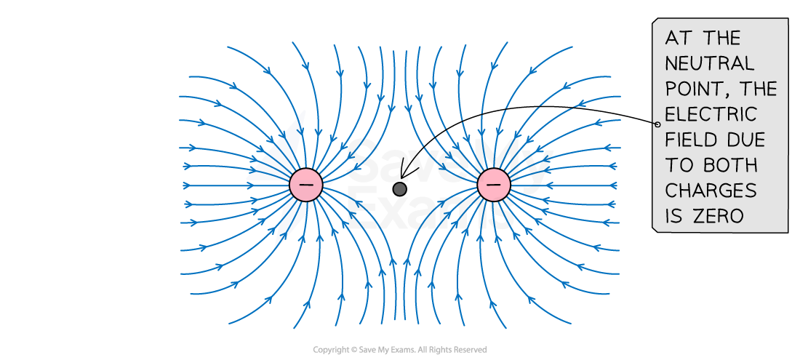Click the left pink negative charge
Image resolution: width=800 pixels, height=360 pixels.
tap(306, 185)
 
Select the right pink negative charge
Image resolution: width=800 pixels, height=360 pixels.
tap(494, 185)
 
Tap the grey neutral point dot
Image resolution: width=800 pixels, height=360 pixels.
tap(399, 189)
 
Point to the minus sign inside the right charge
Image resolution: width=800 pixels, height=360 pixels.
tap(494, 185)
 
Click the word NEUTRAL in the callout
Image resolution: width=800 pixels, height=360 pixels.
tap(710, 63)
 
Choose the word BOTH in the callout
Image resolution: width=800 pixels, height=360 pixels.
tap(735, 165)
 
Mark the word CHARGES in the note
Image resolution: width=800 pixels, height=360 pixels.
tap(711, 191)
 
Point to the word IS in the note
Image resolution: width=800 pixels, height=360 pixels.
tap(673, 216)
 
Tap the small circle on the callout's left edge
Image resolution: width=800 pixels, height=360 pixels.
tap(656, 124)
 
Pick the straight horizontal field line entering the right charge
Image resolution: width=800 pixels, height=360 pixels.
tap(567, 185)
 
